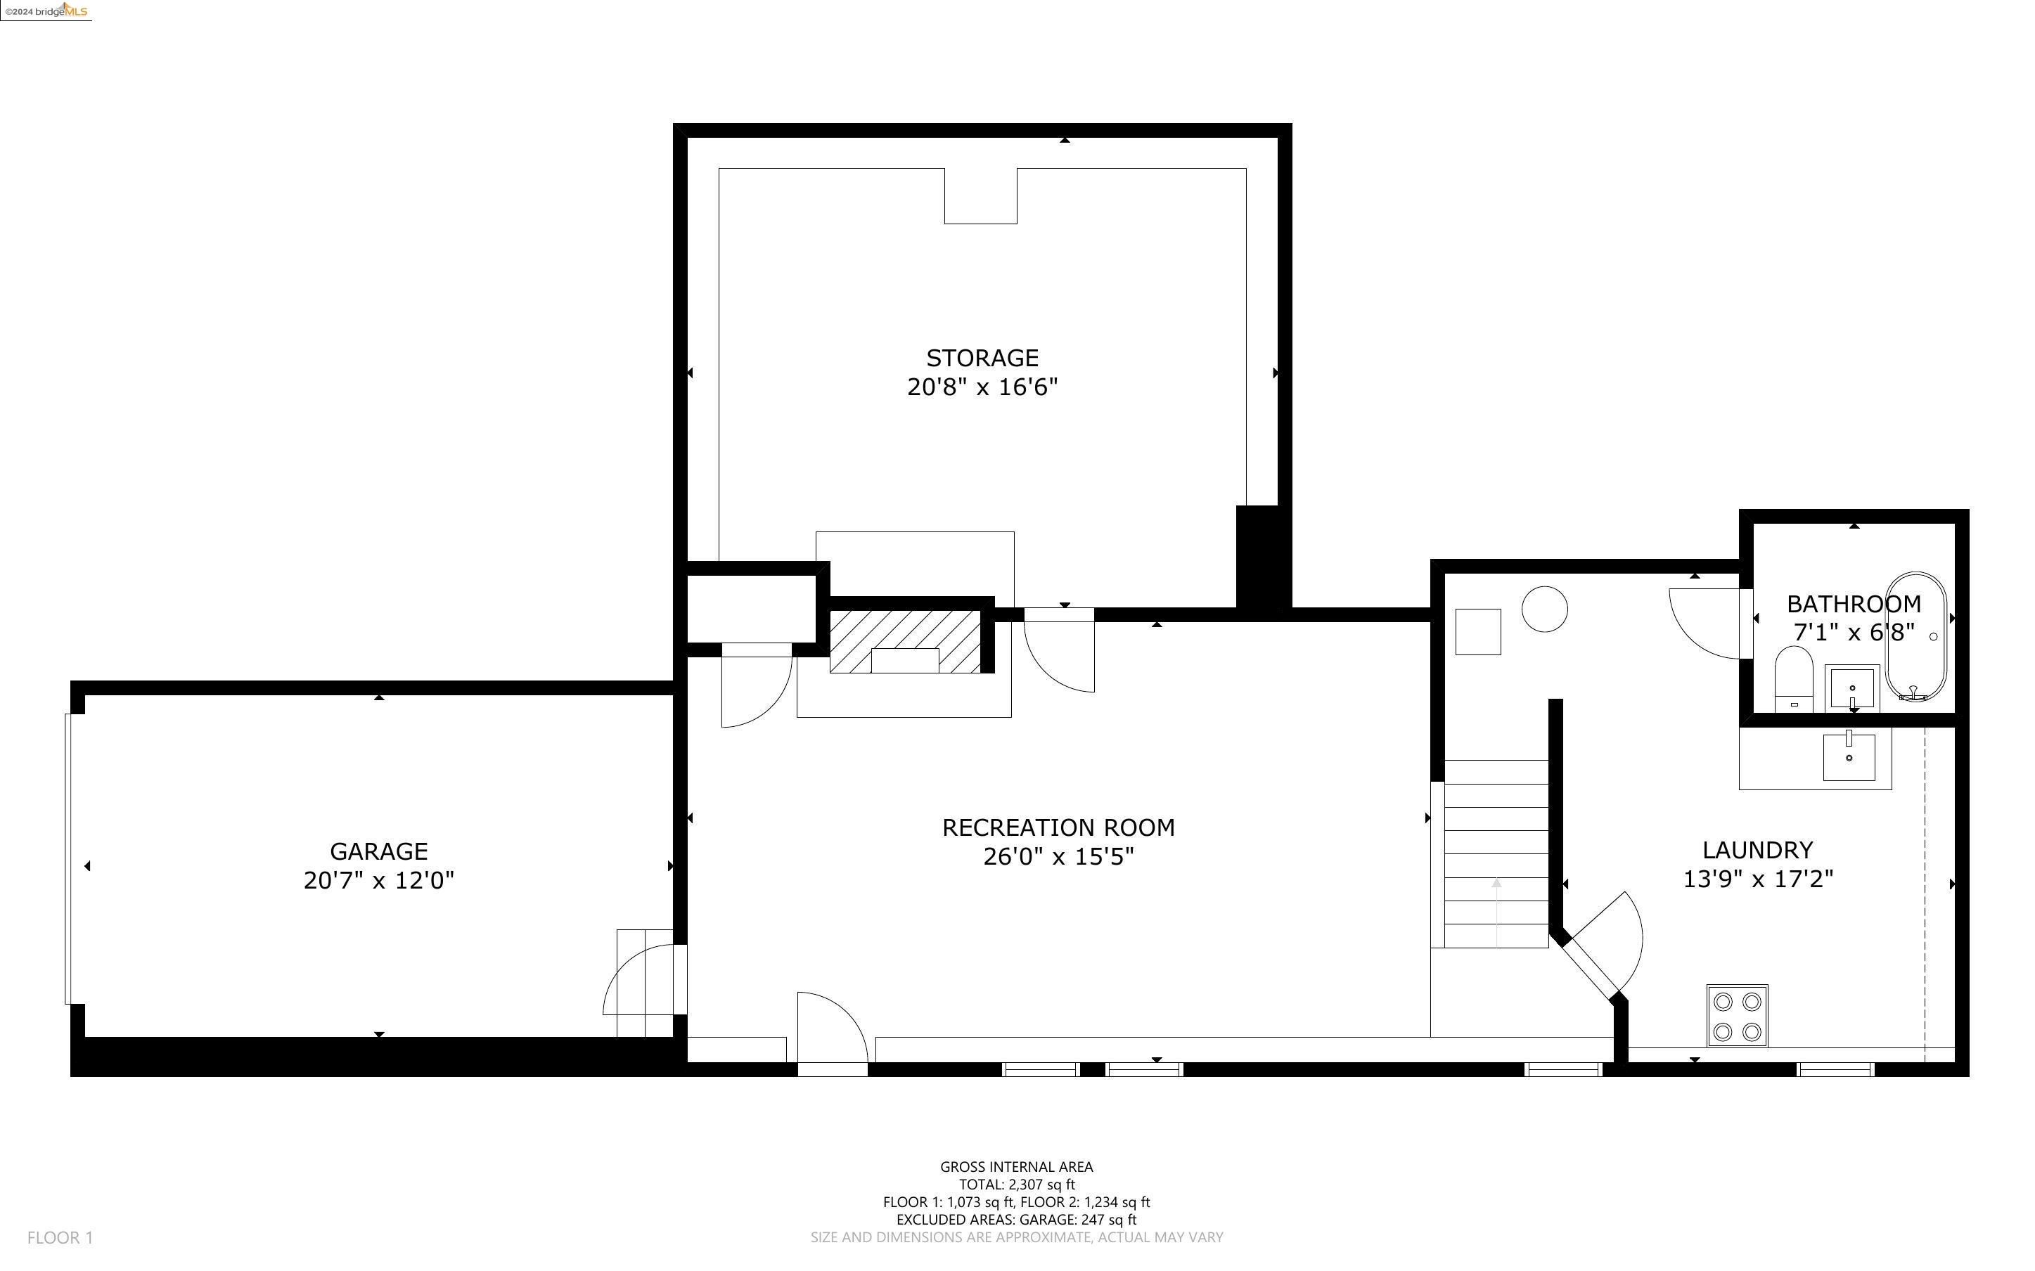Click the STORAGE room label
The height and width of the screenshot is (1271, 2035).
tap(982, 358)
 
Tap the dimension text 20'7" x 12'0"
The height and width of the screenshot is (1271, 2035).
tap(378, 881)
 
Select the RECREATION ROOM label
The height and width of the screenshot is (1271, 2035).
tap(1058, 828)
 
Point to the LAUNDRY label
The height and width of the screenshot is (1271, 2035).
tap(1758, 850)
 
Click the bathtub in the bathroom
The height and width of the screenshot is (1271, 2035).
tap(1915, 636)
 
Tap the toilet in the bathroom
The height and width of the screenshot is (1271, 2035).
tap(1792, 678)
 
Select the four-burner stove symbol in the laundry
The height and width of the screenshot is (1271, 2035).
tap(1737, 1015)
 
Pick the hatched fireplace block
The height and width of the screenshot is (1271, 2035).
tap(904, 641)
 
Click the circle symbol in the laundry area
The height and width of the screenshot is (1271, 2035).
tap(1545, 609)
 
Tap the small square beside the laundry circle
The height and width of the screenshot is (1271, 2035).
tap(1477, 631)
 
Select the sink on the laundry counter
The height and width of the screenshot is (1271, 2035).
tap(1849, 756)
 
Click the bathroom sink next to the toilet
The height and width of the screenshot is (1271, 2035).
tap(1851, 688)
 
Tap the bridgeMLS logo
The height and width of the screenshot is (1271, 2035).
tap(46, 11)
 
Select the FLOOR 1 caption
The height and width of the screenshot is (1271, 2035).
tap(60, 1237)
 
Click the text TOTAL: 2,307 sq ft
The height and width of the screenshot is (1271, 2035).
tap(1016, 1185)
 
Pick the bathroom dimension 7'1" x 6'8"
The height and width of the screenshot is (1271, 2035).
tap(1854, 632)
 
